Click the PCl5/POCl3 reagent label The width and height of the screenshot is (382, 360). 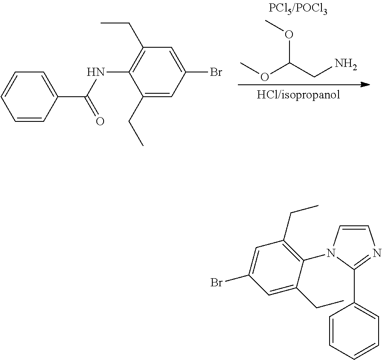298,9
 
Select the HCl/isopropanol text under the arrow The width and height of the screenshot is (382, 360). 298,95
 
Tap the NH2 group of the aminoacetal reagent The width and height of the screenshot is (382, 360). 346,64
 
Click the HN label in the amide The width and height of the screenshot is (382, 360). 96,72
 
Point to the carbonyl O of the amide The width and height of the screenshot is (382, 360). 100,121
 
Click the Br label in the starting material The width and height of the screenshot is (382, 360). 216,72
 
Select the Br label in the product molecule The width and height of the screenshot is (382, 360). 216,282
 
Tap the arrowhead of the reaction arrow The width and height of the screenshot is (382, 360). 365,85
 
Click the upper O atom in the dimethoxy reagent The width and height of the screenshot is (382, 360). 289,35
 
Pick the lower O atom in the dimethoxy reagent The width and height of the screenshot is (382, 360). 265,77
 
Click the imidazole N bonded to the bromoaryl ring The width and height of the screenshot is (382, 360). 330,253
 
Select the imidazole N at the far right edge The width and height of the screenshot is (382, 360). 377,253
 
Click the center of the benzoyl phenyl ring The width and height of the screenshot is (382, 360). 29,97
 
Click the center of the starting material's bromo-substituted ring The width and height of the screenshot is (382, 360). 157,72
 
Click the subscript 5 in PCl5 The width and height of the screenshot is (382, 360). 289,12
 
